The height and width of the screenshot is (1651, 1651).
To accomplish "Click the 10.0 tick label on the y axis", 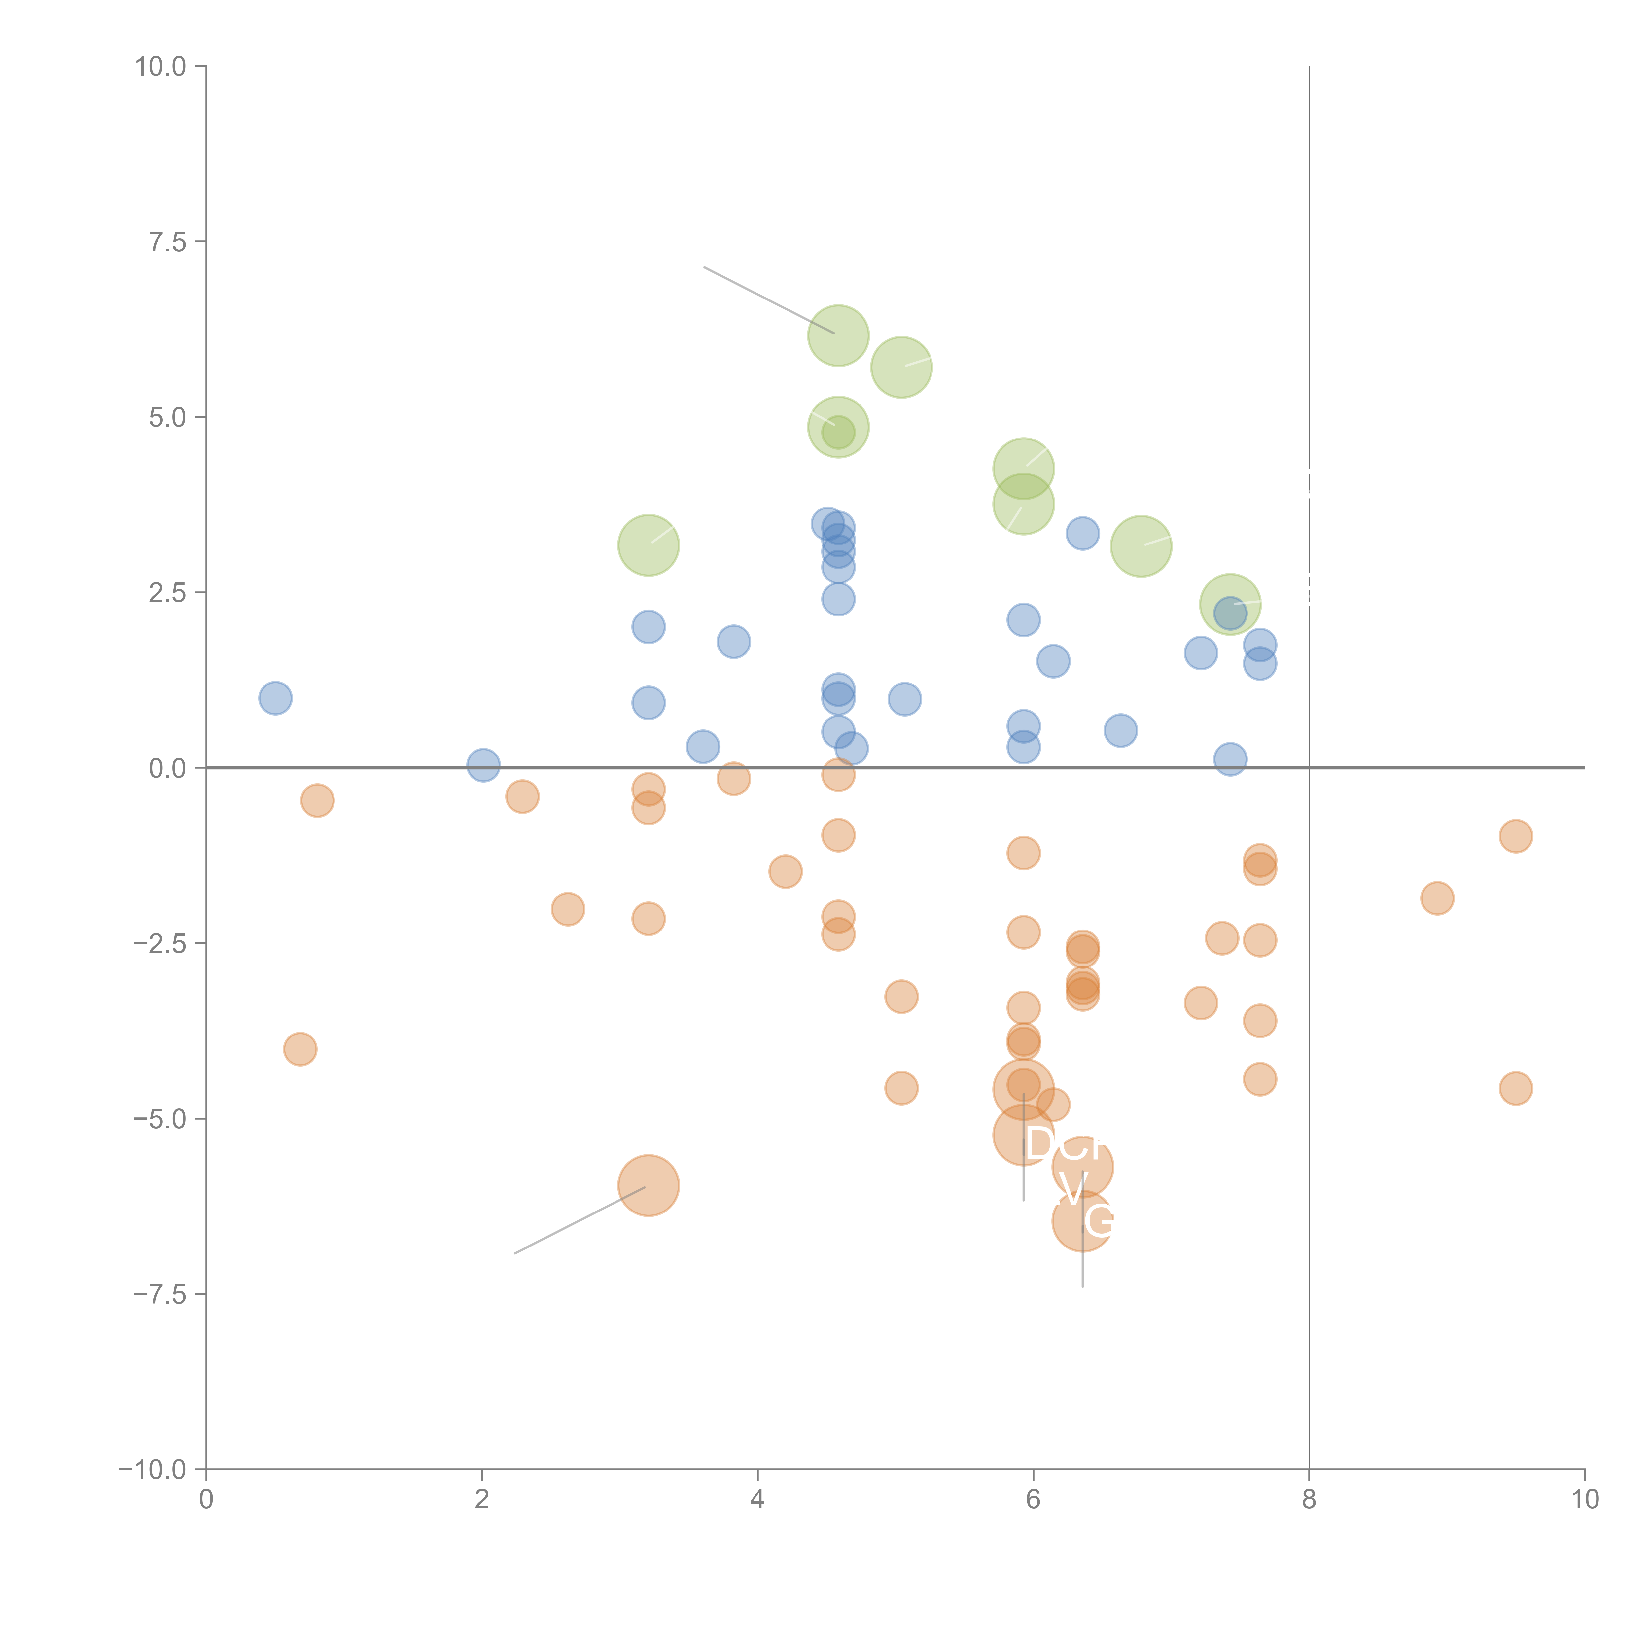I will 161,67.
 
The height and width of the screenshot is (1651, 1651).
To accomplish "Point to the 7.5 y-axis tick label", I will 167,242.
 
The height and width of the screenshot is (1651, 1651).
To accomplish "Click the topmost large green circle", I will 838,335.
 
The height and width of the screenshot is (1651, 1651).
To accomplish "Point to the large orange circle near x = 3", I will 649,1185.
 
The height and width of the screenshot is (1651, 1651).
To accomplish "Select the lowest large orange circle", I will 1083,1221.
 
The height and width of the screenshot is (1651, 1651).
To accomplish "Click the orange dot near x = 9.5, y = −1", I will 1515,836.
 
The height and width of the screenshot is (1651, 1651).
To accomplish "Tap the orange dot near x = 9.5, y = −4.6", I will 1515,1089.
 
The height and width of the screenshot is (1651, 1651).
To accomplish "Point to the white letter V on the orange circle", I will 1072,1186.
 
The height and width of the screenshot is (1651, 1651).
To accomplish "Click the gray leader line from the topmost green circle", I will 769,300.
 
